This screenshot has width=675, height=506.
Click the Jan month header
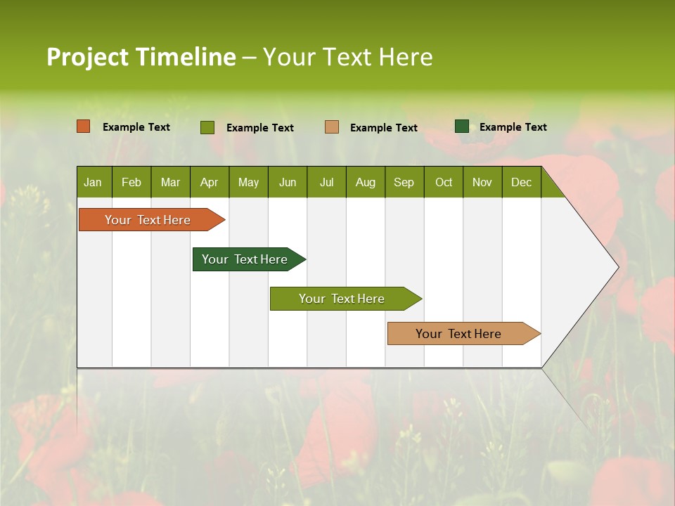tap(93, 182)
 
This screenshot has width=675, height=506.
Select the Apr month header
tap(209, 182)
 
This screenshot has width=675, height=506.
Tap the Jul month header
tap(326, 182)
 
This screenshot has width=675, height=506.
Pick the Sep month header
tap(404, 182)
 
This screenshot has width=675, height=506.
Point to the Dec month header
tap(521, 182)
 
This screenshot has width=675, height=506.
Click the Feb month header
tap(131, 182)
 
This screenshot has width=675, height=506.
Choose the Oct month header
tap(444, 182)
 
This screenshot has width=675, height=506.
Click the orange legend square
tap(84, 126)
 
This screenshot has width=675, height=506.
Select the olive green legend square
tap(207, 127)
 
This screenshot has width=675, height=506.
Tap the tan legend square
tap(332, 126)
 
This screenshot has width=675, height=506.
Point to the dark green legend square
tap(462, 126)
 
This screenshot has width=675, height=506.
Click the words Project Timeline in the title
tap(141, 57)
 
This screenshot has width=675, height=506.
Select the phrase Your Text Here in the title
tap(347, 57)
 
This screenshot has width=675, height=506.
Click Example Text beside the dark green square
tap(513, 127)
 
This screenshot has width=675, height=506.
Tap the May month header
tap(248, 182)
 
